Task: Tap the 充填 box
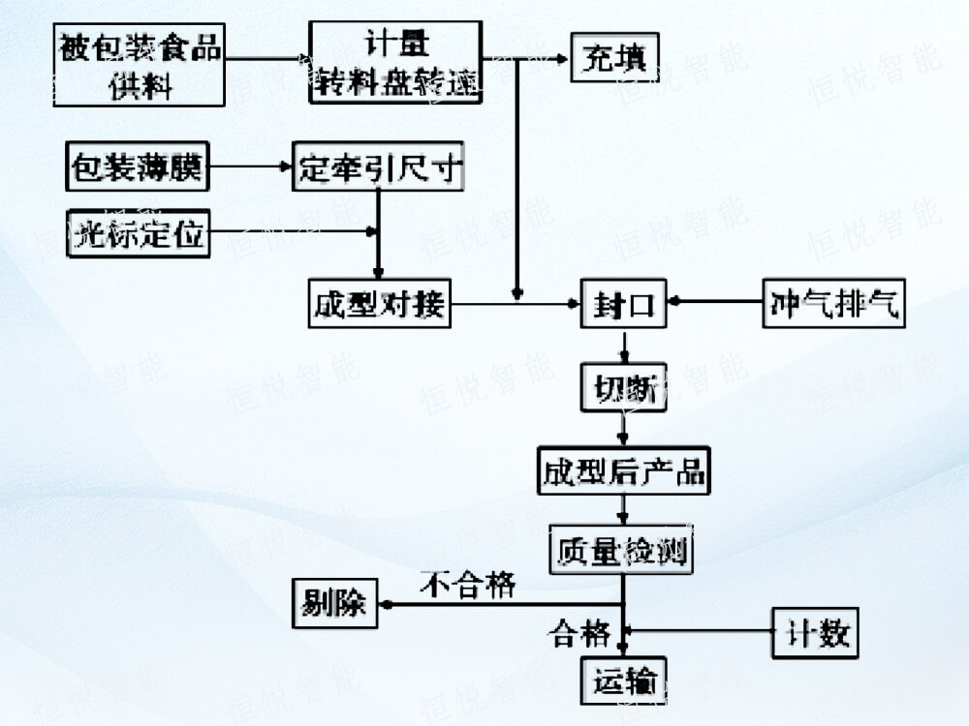(x=614, y=57)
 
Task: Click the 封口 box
(x=624, y=306)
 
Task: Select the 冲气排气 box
(x=833, y=304)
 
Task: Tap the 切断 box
(x=624, y=387)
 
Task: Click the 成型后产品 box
(x=624, y=472)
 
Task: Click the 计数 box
(x=813, y=634)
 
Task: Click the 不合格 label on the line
(x=468, y=585)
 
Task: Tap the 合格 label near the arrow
(x=579, y=634)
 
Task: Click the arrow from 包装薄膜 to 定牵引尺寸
(x=251, y=168)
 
